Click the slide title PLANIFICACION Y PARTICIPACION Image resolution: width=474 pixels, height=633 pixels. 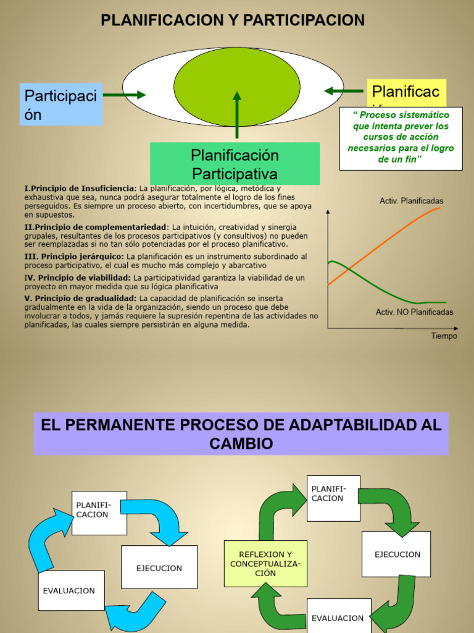233,21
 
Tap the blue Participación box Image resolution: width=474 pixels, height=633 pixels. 61,104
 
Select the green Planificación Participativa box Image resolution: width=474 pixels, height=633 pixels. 235,163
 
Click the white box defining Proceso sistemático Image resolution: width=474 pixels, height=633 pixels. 401,138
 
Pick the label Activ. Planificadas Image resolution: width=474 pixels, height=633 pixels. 411,201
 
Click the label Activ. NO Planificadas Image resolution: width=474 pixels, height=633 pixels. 414,312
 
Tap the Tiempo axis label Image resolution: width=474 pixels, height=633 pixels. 444,336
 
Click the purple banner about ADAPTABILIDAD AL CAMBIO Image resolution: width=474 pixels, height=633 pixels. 241,434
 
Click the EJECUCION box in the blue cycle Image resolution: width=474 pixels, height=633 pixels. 159,567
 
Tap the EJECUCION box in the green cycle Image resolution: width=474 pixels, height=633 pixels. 396,554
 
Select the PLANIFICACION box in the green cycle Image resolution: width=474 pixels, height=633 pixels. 333,498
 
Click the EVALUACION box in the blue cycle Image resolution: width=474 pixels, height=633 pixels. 69,590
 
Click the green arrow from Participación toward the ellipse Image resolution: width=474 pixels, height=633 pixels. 124,95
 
